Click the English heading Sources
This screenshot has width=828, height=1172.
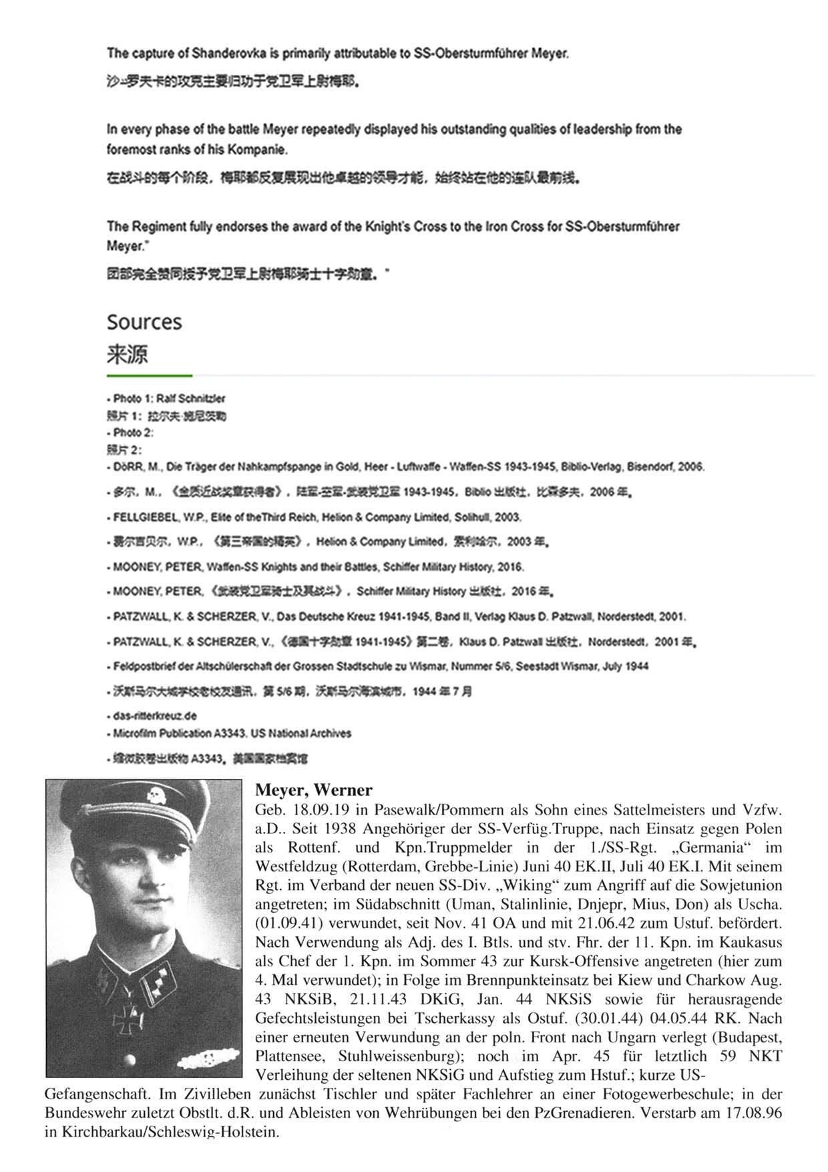coord(144,322)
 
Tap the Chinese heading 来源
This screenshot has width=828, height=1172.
coord(127,354)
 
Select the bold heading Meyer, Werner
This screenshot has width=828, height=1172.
coord(313,790)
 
